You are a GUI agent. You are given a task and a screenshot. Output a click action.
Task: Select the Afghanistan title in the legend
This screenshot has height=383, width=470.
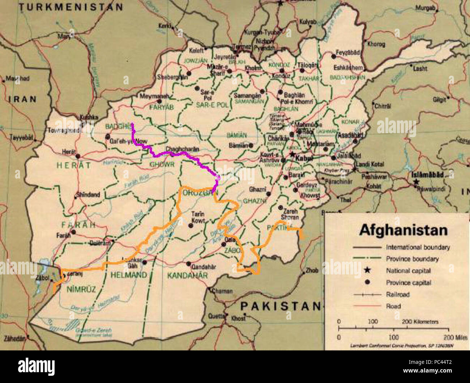pos(403,230)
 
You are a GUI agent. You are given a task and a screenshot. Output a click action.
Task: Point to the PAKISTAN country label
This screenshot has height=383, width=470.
pos(281,306)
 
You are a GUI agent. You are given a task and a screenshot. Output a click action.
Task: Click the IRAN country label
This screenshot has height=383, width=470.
pos(23,99)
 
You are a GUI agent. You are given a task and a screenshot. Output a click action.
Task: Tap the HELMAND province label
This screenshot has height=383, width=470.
pos(129,275)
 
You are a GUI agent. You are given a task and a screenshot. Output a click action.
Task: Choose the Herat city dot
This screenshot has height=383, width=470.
pos(78,156)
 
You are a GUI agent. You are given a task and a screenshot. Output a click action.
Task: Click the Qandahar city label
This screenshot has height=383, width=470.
pos(204,267)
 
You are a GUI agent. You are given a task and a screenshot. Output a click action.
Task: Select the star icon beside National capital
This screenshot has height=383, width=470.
pos(367,270)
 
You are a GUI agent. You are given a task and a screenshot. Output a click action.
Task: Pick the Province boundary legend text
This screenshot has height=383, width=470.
pos(412,259)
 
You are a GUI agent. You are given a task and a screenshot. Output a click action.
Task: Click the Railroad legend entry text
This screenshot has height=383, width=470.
pos(398,294)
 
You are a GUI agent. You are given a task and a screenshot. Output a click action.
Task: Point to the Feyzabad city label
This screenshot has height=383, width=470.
pos(347,52)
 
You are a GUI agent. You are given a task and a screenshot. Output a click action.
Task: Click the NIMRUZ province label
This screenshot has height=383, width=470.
pos(81,289)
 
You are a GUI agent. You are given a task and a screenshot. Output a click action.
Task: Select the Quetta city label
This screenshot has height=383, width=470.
pos(216,316)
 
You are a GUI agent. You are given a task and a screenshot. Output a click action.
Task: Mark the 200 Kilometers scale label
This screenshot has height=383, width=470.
pos(420,321)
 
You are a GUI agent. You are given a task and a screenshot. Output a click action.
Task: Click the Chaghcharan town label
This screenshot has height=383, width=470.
pos(183,149)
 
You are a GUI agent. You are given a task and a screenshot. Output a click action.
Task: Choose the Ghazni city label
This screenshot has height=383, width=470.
pos(257,189)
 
